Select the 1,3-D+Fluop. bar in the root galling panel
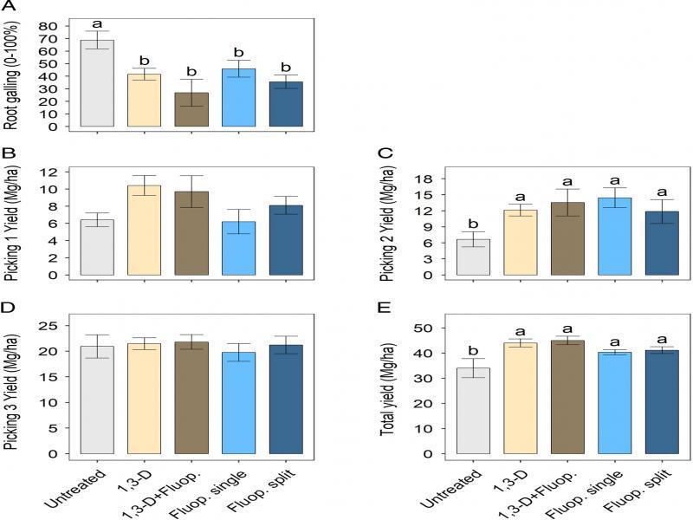tap(191, 109)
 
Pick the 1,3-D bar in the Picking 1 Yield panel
tap(145, 230)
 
